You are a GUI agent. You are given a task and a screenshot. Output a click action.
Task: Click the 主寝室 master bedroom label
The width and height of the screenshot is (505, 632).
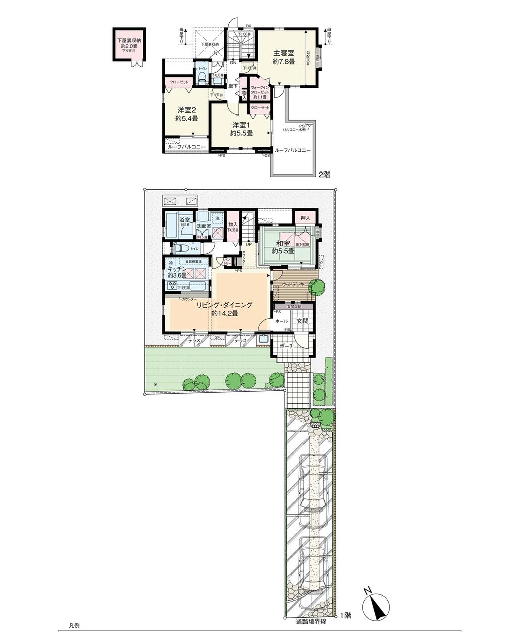click(x=284, y=53)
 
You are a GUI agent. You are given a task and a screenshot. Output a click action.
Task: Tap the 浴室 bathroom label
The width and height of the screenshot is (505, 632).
click(x=184, y=220)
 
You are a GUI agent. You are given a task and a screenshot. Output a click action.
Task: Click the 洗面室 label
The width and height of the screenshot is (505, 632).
click(x=204, y=226)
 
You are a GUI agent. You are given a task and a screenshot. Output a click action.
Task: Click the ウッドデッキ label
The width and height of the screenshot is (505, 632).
click(x=293, y=285)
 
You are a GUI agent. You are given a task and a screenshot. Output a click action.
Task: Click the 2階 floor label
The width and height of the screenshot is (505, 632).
click(x=323, y=174)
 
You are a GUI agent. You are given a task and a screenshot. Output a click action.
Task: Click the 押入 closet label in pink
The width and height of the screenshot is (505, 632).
click(x=305, y=218)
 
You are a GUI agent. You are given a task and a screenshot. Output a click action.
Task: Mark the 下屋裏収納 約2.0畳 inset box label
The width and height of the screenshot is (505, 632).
click(x=129, y=42)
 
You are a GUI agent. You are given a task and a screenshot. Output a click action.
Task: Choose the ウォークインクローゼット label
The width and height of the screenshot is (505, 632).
click(x=260, y=91)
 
